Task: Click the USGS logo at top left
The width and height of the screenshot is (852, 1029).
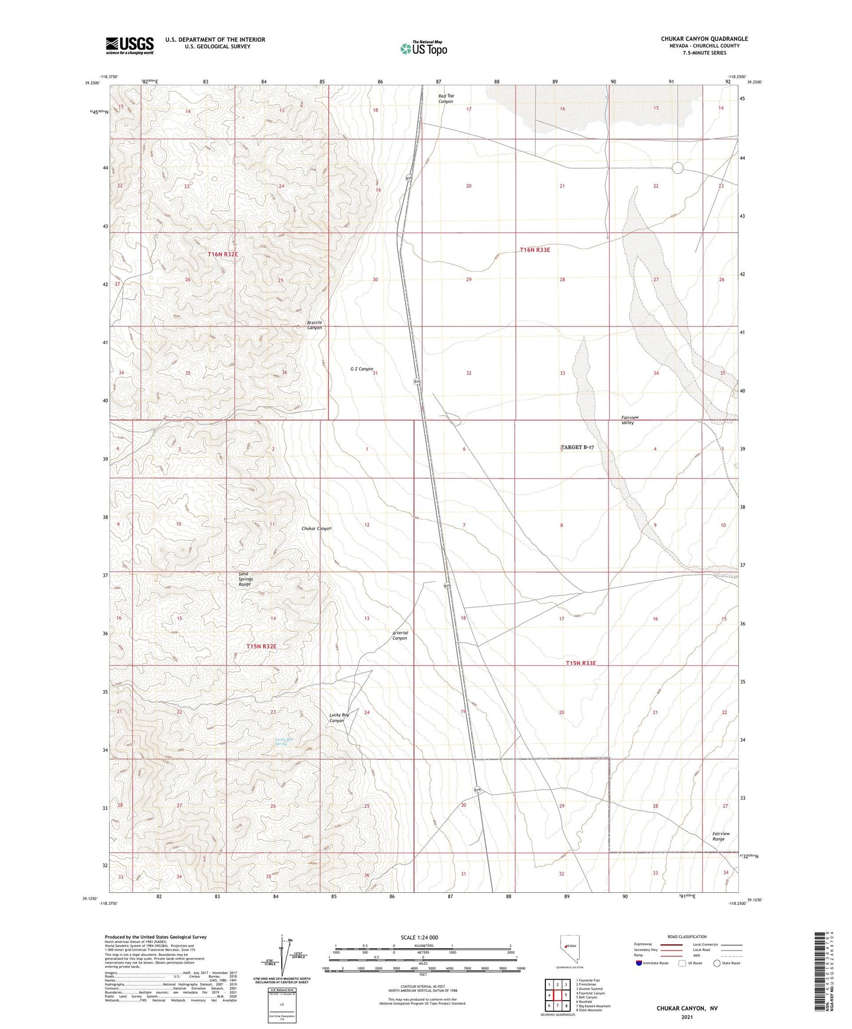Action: click(x=130, y=45)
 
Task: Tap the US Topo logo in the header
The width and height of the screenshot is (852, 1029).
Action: click(x=423, y=48)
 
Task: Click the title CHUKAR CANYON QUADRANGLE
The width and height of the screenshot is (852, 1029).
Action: click(x=704, y=39)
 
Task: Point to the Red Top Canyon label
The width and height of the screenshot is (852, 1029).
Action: click(x=446, y=98)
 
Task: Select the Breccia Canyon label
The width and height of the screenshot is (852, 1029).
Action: click(x=315, y=325)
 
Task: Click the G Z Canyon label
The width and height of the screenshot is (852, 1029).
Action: click(x=361, y=369)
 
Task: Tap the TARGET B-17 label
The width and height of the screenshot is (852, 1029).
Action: click(x=577, y=448)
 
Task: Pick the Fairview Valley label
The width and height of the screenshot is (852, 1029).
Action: click(x=630, y=420)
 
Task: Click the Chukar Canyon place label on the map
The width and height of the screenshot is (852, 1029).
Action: click(x=316, y=529)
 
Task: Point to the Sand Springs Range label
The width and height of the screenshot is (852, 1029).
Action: click(x=245, y=579)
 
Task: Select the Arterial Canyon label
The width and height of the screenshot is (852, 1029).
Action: click(x=400, y=635)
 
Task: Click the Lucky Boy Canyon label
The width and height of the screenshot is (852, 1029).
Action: click(x=338, y=717)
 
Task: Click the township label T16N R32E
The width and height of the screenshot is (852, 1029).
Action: click(x=223, y=254)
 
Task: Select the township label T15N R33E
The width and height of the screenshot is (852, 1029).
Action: click(x=581, y=663)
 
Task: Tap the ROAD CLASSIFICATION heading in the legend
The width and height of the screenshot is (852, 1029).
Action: click(x=687, y=936)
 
